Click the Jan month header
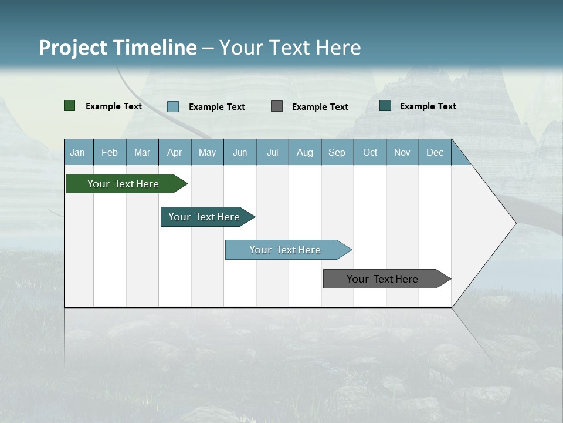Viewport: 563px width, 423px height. pyautogui.click(x=77, y=153)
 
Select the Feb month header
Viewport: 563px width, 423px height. pyautogui.click(x=110, y=153)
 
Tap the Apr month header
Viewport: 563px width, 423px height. pyautogui.click(x=174, y=153)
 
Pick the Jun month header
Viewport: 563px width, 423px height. pyautogui.click(x=240, y=153)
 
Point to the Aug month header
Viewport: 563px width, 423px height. pyautogui.click(x=304, y=153)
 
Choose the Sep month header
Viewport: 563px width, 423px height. pyautogui.click(x=337, y=153)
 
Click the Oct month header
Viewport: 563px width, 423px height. pyautogui.click(x=370, y=153)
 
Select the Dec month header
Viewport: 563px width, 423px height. pyautogui.click(x=435, y=153)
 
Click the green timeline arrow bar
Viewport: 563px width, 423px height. pyautogui.click(x=124, y=184)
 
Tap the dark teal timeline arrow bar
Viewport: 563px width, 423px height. pyautogui.click(x=205, y=217)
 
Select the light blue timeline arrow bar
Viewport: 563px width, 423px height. pyautogui.click(x=286, y=250)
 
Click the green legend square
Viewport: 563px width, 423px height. pyautogui.click(x=70, y=106)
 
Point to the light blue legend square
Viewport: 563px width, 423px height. pyautogui.click(x=173, y=106)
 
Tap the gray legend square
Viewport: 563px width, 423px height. pyautogui.click(x=277, y=106)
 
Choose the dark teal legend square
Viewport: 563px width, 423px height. pyautogui.click(x=385, y=106)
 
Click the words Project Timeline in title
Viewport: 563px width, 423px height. pyautogui.click(x=118, y=48)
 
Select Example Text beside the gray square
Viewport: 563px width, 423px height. pyautogui.click(x=320, y=106)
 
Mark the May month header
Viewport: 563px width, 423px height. pyautogui.click(x=207, y=153)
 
